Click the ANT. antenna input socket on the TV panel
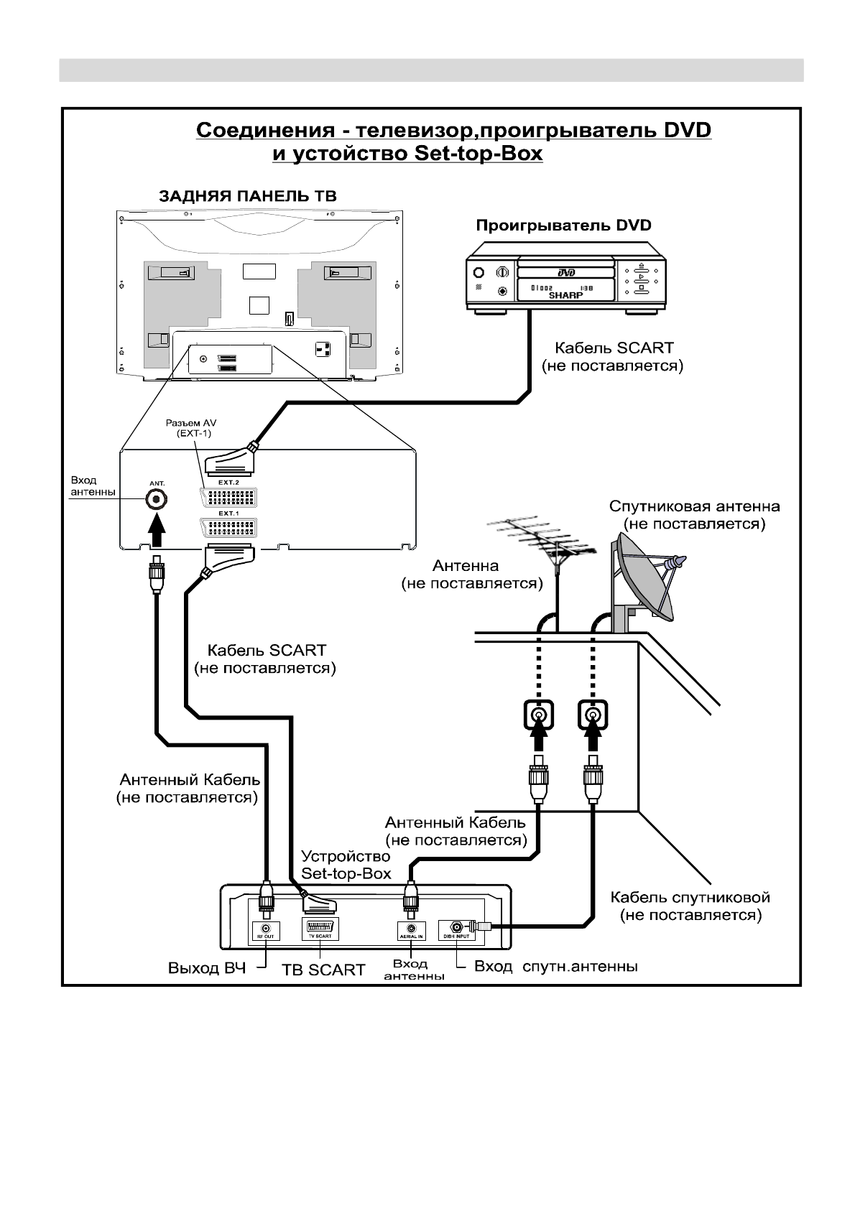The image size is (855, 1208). coord(155,500)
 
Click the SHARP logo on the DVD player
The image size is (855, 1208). coord(565,295)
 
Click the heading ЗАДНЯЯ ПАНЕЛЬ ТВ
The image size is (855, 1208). coord(247,196)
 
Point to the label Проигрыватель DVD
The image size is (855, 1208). coord(563,226)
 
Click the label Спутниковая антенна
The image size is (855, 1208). coord(694,506)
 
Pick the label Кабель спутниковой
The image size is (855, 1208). coord(690,897)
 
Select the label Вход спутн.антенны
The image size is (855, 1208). coord(555,967)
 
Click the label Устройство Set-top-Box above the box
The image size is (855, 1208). coord(346,865)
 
